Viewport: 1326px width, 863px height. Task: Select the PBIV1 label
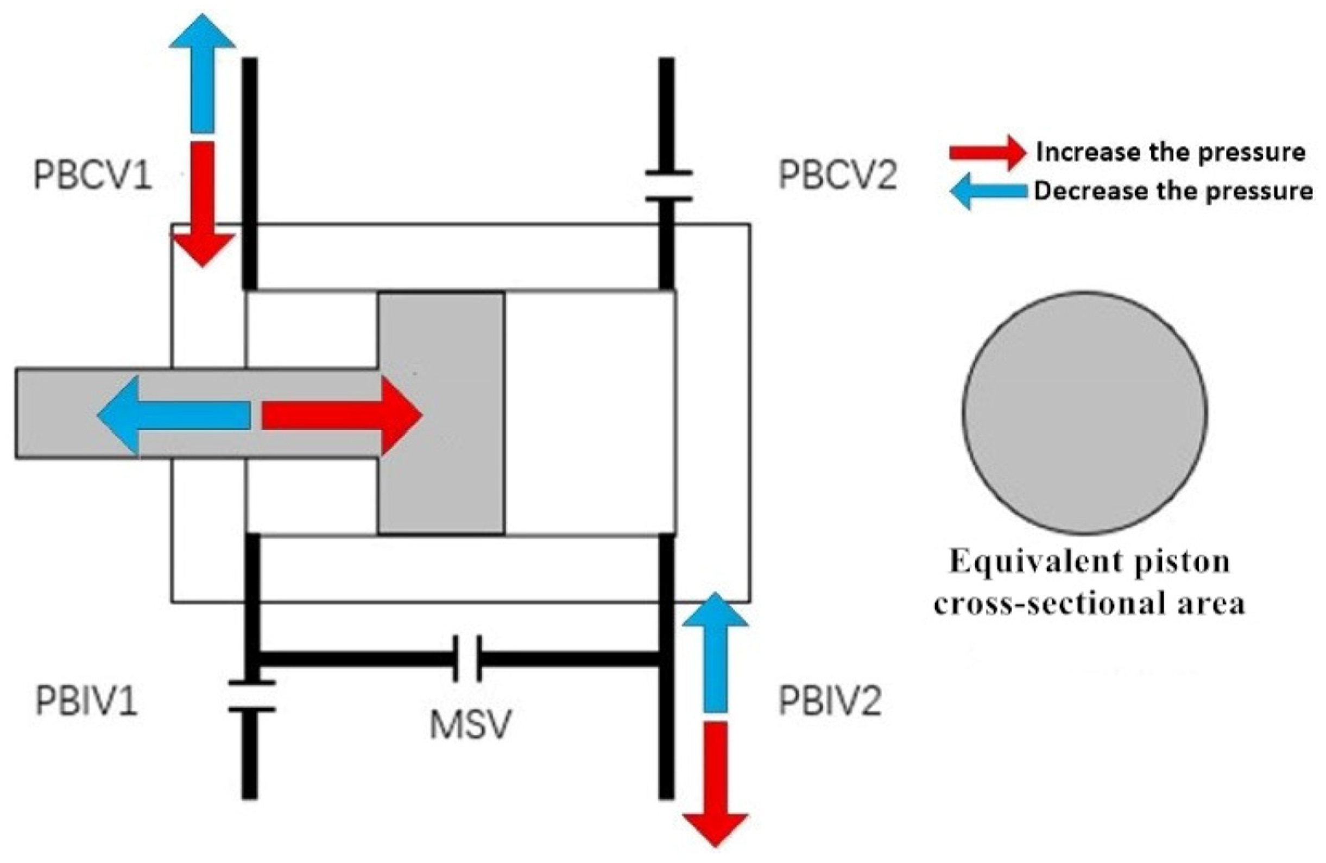coord(86,701)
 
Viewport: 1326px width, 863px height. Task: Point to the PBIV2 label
coord(830,701)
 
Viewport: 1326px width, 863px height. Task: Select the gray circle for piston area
coord(1085,413)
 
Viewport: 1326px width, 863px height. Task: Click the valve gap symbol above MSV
coord(467,659)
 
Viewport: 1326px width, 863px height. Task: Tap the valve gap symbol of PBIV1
coord(251,696)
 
